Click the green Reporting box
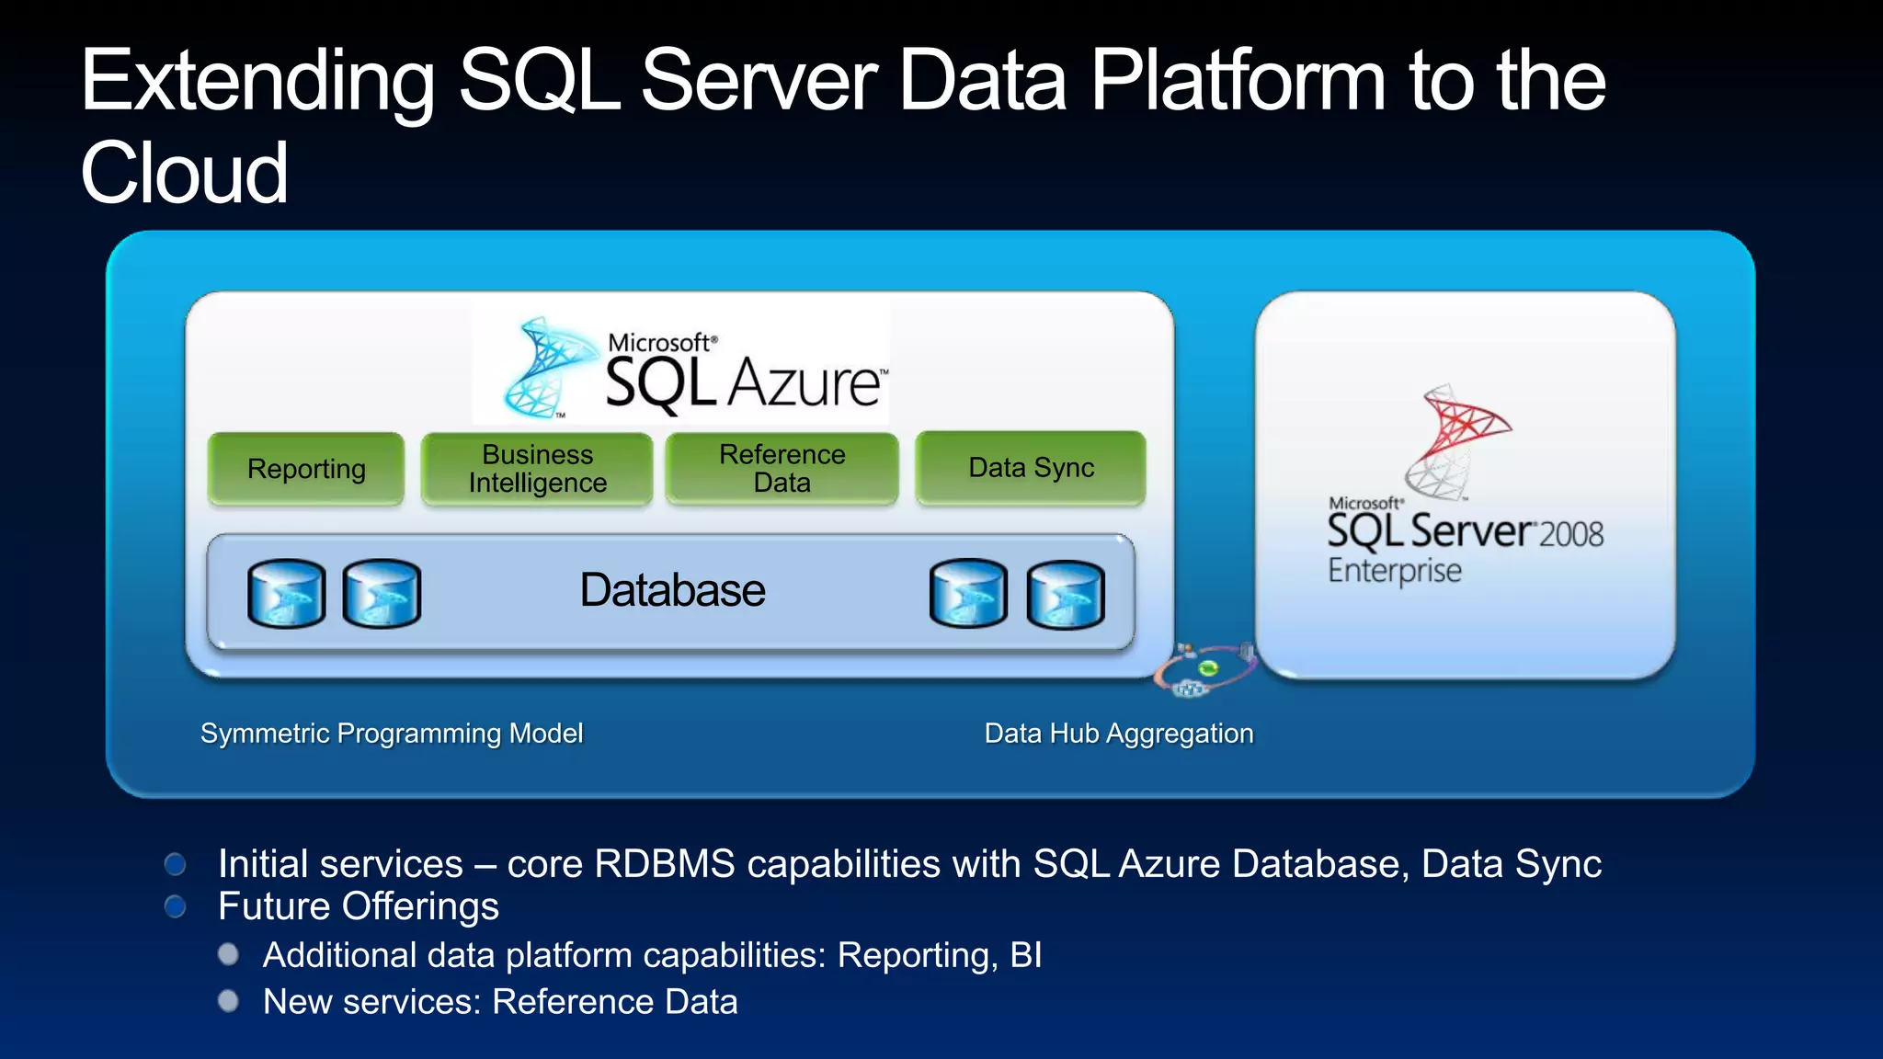point(306,469)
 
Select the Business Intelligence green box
point(537,469)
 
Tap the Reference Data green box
point(782,468)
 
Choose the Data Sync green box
point(1031,468)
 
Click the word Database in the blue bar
point(672,590)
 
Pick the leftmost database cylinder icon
point(286,594)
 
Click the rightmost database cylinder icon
point(1065,596)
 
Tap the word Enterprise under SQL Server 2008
point(1394,571)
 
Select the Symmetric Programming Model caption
point(392,734)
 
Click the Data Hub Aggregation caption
point(1119,734)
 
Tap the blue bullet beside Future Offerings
point(175,907)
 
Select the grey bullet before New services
point(228,1001)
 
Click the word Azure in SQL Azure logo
point(805,383)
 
